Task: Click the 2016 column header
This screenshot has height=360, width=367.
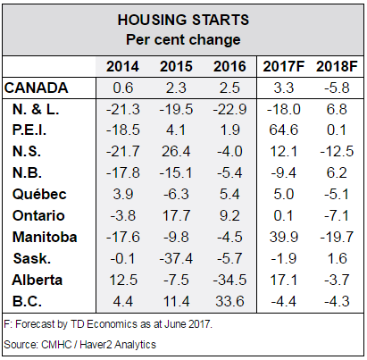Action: [229, 66]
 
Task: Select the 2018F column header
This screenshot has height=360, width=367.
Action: [337, 66]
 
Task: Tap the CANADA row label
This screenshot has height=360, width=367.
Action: [37, 88]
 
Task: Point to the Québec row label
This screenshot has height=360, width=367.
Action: [39, 195]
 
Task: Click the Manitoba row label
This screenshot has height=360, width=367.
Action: [45, 237]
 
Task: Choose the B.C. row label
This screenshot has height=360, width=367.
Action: [27, 301]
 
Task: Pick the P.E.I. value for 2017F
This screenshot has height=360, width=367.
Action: [283, 130]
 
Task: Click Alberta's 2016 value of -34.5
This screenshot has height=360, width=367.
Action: [229, 280]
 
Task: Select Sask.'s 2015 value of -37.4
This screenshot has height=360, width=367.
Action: [176, 258]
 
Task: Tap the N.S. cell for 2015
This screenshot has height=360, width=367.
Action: [176, 152]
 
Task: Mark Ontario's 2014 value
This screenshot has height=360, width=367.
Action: [123, 215]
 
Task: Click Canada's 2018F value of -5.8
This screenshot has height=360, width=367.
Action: [337, 88]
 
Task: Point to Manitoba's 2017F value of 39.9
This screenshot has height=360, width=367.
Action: [283, 237]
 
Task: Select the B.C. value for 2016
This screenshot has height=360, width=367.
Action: [229, 301]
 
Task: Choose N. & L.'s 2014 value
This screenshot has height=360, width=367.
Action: [123, 109]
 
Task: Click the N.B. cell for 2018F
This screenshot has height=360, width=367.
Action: [337, 173]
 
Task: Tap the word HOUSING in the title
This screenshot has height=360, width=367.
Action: [153, 20]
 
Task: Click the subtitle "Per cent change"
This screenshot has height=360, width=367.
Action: [183, 39]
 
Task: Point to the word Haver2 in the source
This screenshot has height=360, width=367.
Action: [96, 345]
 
